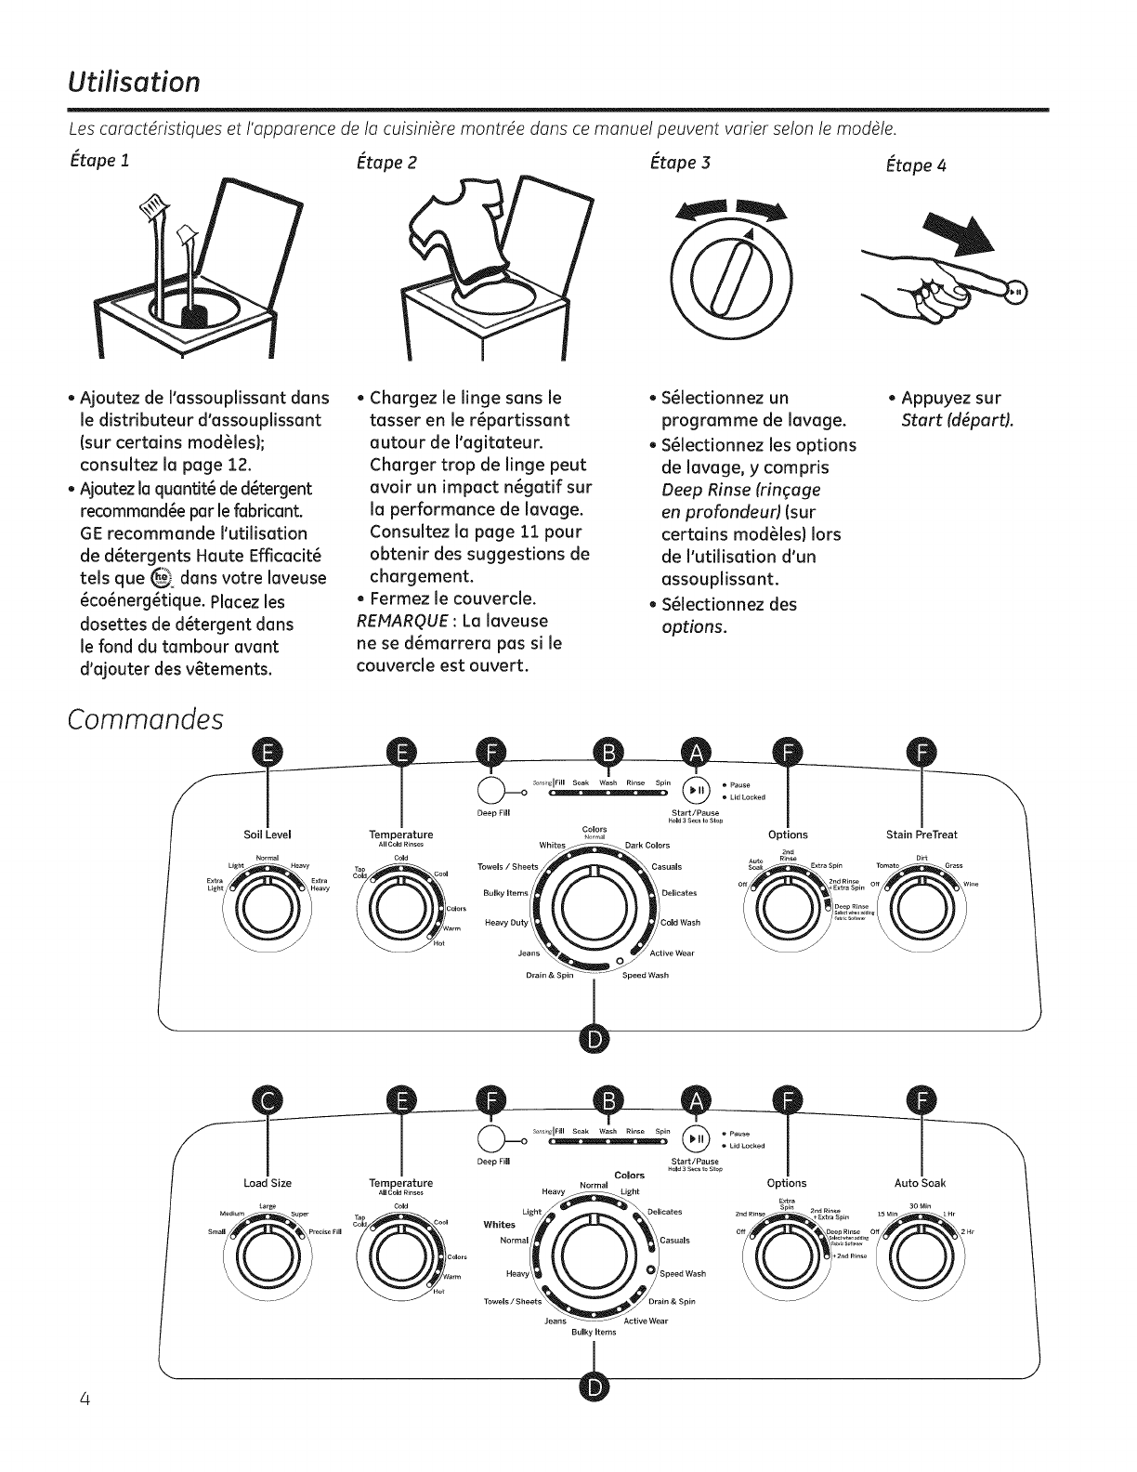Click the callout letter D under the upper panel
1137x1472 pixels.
(x=594, y=1036)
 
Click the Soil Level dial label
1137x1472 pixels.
(x=267, y=835)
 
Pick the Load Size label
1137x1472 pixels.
(x=268, y=1183)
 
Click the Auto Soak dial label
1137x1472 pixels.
(x=920, y=1183)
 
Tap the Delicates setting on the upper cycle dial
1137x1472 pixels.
(x=679, y=893)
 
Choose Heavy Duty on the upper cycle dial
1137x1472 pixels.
(x=506, y=923)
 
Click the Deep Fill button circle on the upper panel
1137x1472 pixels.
(x=490, y=788)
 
